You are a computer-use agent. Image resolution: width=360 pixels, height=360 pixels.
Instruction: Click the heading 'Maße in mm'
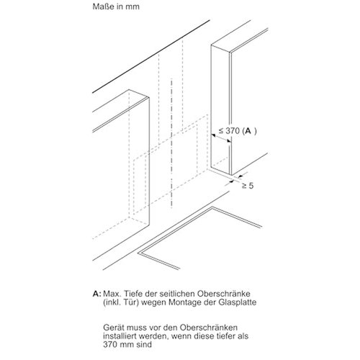(116, 6)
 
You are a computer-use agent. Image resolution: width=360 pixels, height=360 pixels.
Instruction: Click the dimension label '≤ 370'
(229, 131)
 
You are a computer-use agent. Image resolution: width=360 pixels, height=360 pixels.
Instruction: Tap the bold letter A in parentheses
(248, 131)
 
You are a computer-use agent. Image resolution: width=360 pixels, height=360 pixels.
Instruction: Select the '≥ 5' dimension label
(248, 186)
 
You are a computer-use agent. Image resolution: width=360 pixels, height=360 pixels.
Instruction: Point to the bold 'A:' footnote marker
(96, 294)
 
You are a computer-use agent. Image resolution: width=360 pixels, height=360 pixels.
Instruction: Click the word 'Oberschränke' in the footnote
(224, 294)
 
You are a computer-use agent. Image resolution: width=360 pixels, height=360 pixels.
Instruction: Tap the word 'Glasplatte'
(238, 302)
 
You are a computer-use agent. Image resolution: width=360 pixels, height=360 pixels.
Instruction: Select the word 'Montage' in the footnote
(184, 302)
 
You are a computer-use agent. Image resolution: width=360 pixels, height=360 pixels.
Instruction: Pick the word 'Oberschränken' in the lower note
(209, 328)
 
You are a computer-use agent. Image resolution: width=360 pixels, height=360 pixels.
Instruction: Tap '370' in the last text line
(110, 345)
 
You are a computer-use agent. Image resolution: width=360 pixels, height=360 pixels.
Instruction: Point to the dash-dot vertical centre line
(171, 143)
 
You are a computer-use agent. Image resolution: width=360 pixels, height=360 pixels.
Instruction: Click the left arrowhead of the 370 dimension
(213, 136)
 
